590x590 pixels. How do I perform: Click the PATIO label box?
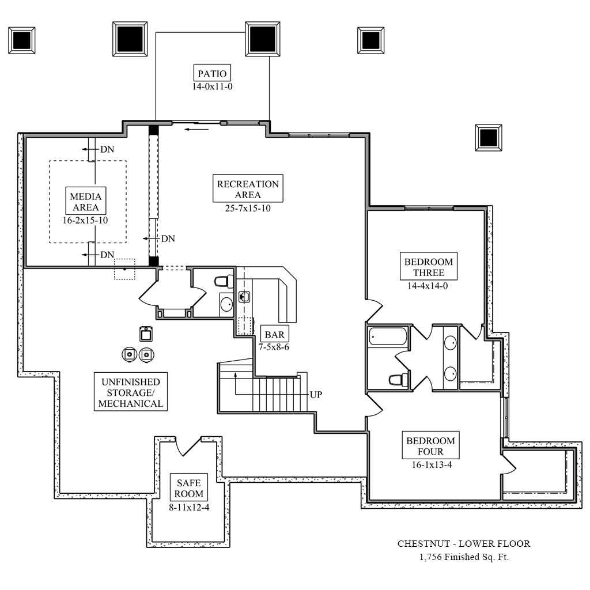(212, 73)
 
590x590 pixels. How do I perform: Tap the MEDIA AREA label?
(85, 202)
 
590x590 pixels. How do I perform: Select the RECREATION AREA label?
(248, 189)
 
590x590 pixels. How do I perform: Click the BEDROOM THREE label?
(429, 267)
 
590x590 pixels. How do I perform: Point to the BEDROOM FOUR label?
(430, 446)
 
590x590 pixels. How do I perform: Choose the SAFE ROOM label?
(189, 489)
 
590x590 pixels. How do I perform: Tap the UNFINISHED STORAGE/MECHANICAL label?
(130, 392)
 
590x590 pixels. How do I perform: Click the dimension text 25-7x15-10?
(248, 209)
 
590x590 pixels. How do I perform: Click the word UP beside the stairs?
(316, 395)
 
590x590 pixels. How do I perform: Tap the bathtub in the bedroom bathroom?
(388, 336)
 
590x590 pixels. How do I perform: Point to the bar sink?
(244, 297)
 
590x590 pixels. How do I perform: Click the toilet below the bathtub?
(398, 379)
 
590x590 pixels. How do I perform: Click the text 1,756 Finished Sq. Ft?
(464, 557)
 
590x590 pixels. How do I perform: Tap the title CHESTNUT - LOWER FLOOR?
(464, 543)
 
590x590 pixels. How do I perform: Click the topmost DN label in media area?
(107, 149)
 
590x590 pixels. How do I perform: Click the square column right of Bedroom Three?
(488, 137)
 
